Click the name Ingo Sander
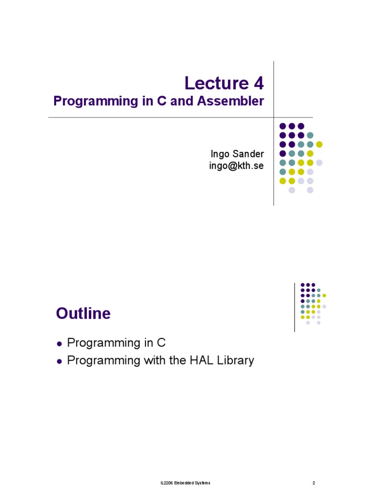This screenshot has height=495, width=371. (x=237, y=154)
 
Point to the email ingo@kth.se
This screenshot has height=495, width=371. (x=237, y=166)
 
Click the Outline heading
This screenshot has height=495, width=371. (x=83, y=314)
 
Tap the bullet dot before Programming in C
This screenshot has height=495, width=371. (x=59, y=344)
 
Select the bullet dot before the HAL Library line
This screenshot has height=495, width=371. (x=59, y=361)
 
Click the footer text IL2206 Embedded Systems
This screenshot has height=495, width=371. (x=185, y=483)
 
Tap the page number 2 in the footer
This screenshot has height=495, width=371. (x=314, y=483)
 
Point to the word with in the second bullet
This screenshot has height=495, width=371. (x=153, y=361)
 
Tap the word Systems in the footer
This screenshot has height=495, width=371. (x=203, y=483)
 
